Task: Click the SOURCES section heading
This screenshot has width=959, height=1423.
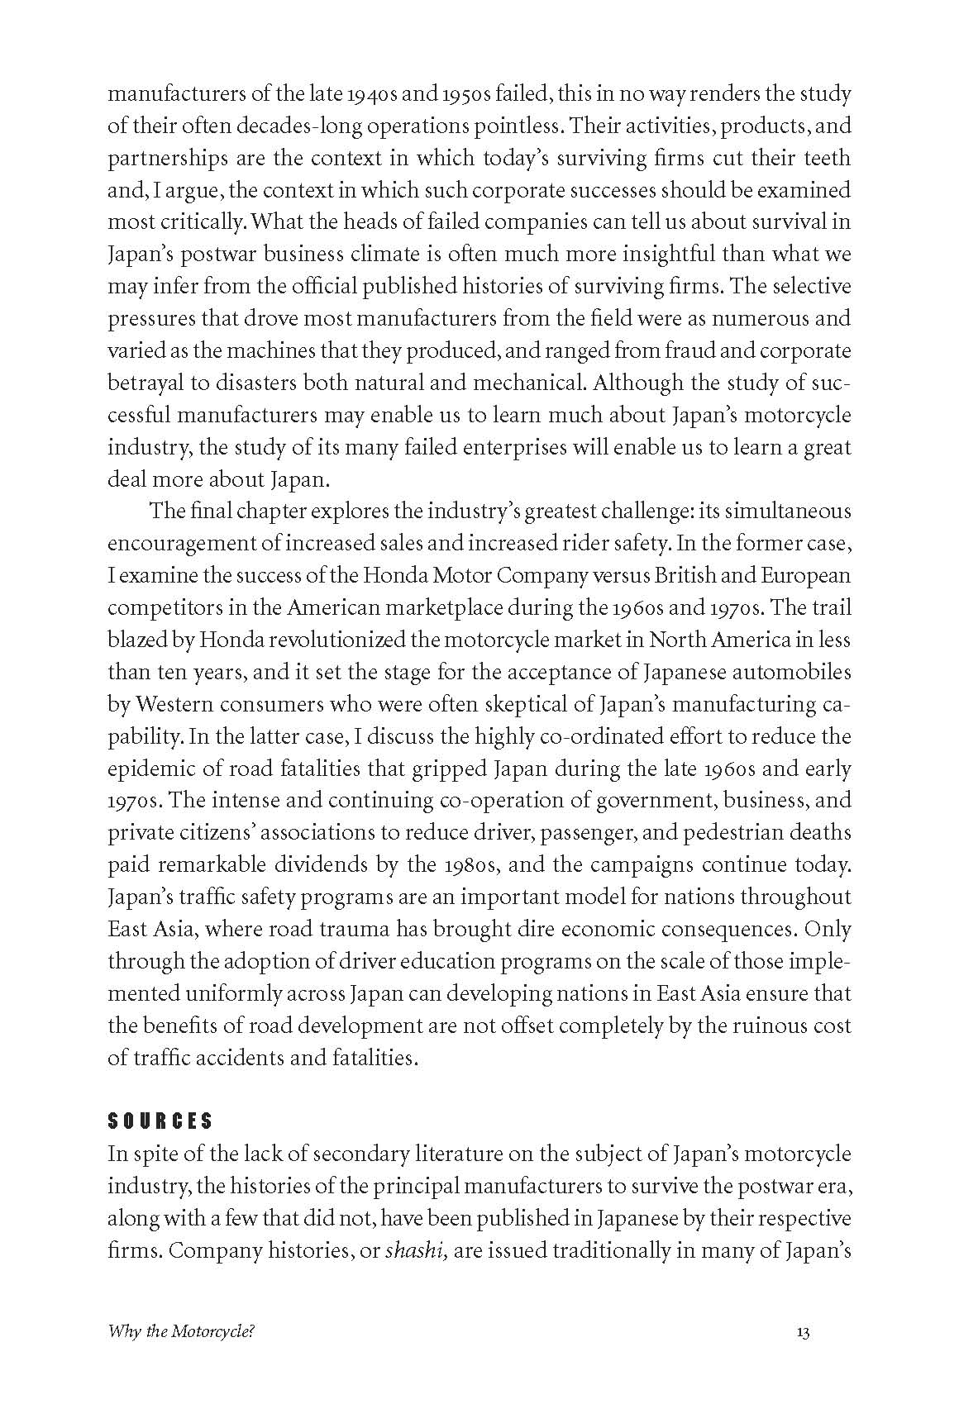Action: pos(160,1121)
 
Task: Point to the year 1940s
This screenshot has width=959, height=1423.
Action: pos(371,94)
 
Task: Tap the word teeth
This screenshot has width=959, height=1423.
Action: pos(823,158)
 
